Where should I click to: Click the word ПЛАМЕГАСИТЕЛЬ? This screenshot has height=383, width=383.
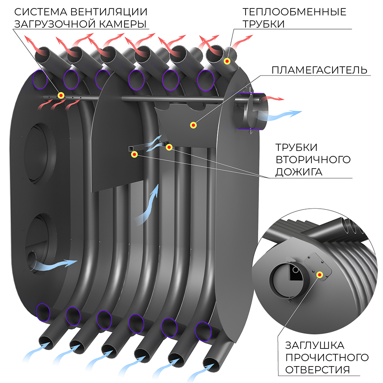point(319,70)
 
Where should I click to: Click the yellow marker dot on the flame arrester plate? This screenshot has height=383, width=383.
point(194,125)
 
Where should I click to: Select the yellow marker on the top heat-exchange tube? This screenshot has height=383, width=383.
point(228,61)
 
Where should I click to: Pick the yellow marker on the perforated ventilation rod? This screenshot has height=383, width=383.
point(61,95)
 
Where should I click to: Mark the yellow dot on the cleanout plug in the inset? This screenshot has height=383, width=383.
point(319,274)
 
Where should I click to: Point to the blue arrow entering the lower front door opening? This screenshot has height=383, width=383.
point(57,264)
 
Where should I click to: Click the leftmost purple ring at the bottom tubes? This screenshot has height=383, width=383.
point(43,312)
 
